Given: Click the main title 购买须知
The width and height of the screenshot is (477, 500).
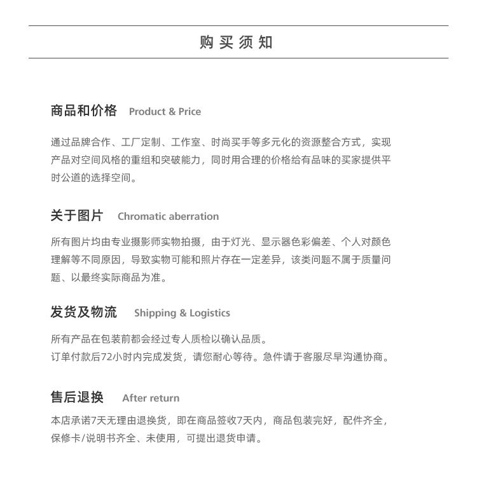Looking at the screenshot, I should click(x=236, y=43).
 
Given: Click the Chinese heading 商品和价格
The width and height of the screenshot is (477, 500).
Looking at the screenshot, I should click(x=84, y=111).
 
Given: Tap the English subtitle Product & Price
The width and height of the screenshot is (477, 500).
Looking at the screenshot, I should click(x=165, y=112).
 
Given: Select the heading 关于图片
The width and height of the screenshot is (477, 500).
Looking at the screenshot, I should click(x=76, y=216).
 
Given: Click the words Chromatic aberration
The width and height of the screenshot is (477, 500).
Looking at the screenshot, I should click(x=168, y=217).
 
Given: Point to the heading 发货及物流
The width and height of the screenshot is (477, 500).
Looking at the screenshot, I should click(x=84, y=312).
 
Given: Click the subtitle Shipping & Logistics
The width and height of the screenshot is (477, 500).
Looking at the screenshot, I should click(x=182, y=313).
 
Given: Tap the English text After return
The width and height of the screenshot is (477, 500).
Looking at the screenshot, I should click(x=151, y=398).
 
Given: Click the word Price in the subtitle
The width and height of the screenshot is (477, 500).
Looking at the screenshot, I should click(x=190, y=112).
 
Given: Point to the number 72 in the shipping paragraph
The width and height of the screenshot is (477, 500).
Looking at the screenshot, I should click(x=106, y=357).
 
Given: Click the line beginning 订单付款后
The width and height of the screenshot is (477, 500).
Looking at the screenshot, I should click(x=220, y=357).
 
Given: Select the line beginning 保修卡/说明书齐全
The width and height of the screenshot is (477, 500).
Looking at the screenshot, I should click(x=156, y=438).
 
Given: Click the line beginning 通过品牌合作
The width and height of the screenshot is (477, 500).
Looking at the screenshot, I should click(x=221, y=142).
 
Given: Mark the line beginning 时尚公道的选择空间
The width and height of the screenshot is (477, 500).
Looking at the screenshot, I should click(x=94, y=178).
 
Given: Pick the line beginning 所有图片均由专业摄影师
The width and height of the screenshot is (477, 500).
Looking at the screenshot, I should click(x=221, y=242).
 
